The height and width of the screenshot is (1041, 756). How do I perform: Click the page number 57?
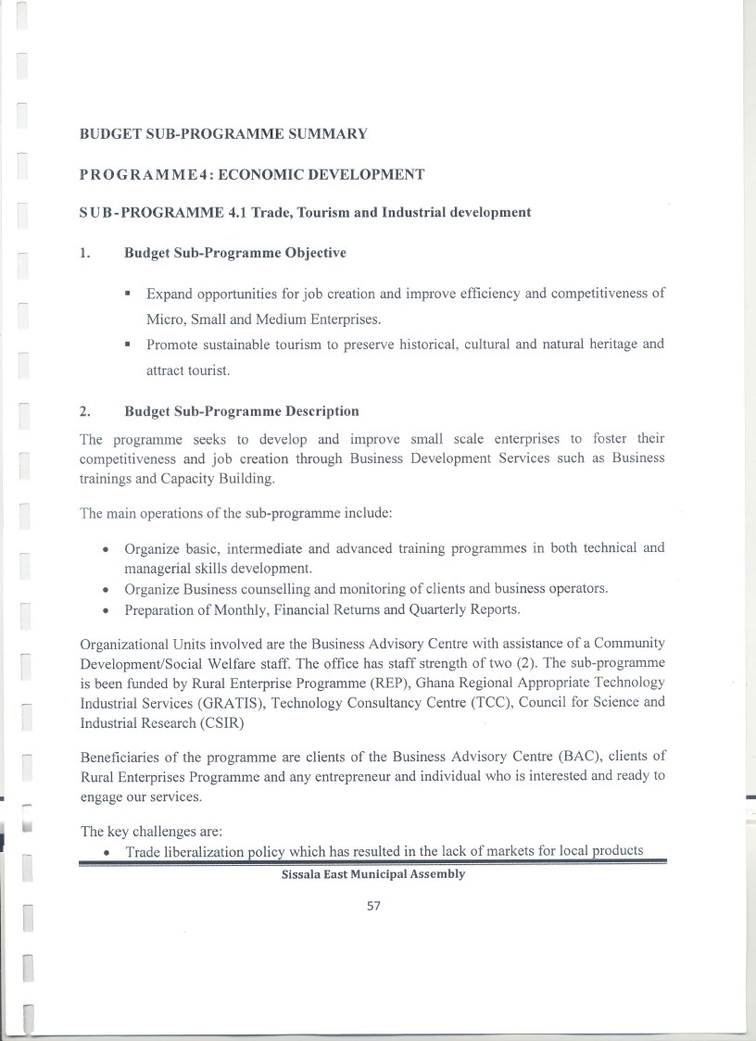(x=374, y=906)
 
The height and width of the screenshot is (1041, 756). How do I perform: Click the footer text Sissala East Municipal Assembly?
(x=373, y=874)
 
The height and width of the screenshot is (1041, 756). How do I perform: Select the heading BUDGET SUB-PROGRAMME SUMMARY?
(x=223, y=134)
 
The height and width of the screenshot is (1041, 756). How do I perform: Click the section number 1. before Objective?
(x=84, y=253)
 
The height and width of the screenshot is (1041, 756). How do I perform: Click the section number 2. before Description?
(x=84, y=411)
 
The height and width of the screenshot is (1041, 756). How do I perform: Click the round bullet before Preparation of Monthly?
(x=107, y=609)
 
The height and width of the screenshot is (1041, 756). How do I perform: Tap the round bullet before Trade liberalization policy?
(x=109, y=853)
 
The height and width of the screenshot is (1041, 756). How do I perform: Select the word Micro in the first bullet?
(x=163, y=319)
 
